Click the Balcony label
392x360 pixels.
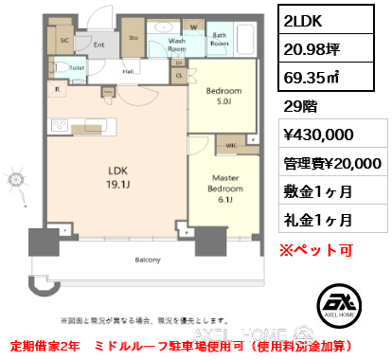(147, 259)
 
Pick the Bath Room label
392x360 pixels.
(220, 41)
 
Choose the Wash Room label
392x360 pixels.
(177, 45)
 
